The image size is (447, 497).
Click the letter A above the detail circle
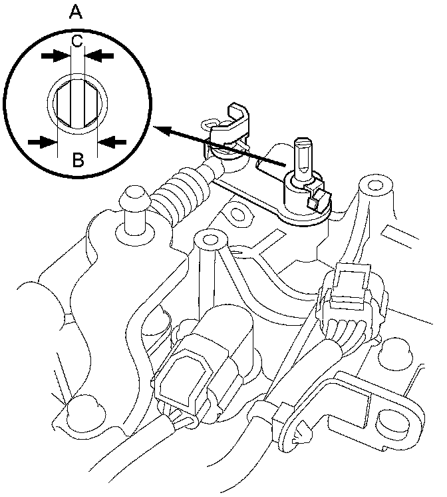tap(77, 11)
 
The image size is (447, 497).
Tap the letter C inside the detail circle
tap(77, 41)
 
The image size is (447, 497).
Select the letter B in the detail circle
tap(77, 160)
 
